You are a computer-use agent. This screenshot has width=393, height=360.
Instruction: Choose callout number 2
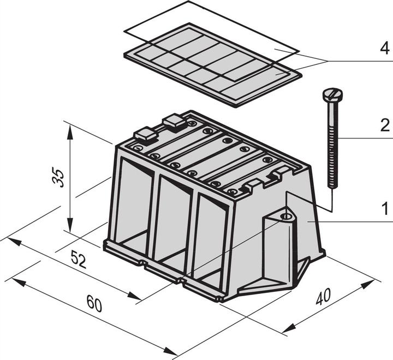coord(384,127)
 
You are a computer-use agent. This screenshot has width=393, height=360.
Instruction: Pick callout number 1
coord(384,208)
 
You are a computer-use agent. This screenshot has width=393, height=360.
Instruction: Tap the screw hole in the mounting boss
coord(285,217)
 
